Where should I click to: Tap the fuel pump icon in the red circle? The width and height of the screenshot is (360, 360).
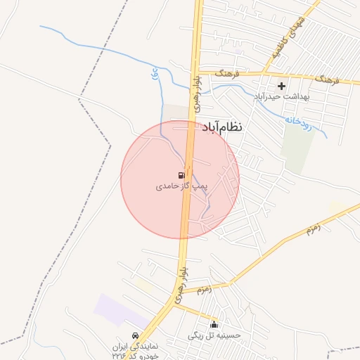click(x=181, y=175)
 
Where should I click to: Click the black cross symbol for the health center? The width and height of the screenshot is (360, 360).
click(x=281, y=86)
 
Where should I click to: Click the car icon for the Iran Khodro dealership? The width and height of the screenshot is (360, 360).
click(x=134, y=335)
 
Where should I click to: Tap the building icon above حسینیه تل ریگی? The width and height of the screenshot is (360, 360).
click(x=214, y=325)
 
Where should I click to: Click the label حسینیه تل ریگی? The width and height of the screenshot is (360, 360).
click(x=214, y=335)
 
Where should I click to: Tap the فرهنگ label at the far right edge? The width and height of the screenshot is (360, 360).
click(x=328, y=79)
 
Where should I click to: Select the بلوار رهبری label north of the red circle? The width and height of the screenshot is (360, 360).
click(x=198, y=92)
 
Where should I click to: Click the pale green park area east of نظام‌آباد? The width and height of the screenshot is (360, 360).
click(x=297, y=148)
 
